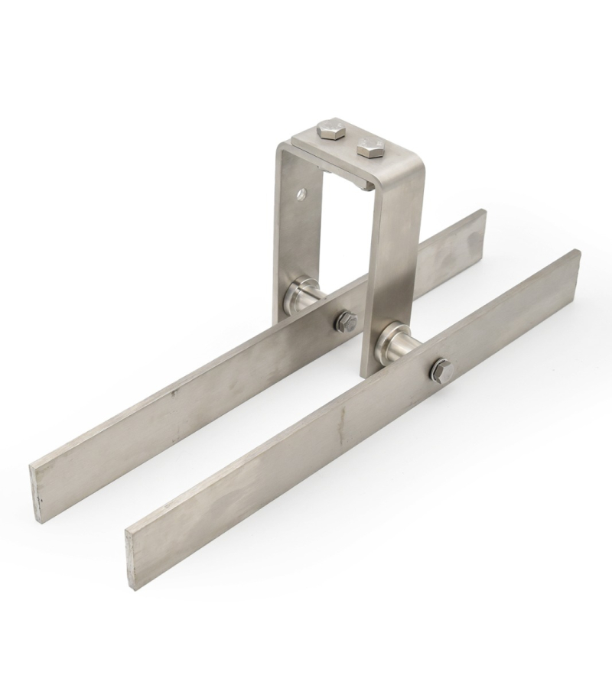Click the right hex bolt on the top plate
(x=370, y=148)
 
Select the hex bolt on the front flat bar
(x=441, y=370)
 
